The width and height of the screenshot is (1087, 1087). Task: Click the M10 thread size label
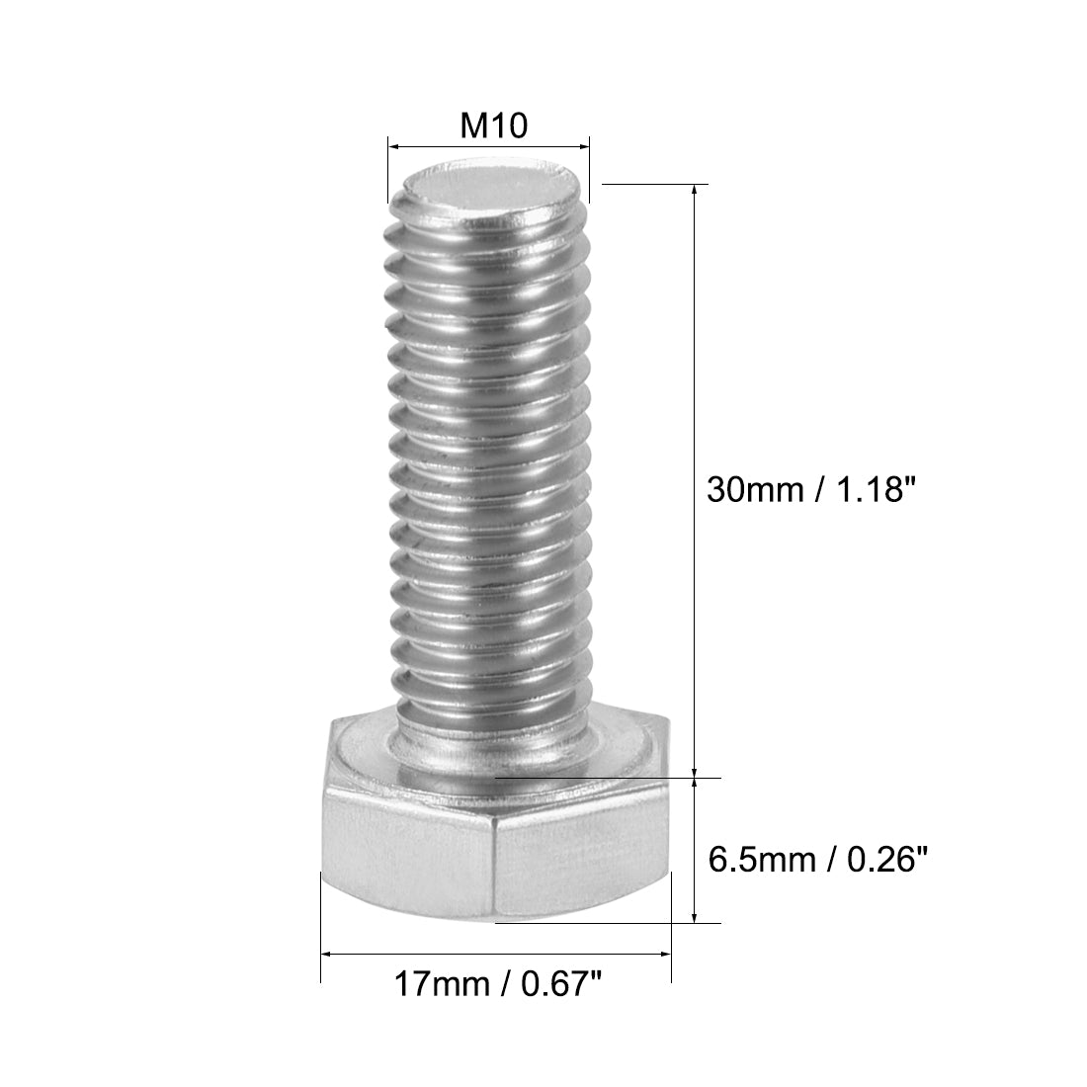491,125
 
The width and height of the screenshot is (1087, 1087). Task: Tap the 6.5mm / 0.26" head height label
820,860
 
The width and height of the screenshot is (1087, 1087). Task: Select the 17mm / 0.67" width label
497,984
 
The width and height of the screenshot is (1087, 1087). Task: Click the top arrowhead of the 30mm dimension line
698,191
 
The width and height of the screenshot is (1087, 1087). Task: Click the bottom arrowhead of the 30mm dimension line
698,771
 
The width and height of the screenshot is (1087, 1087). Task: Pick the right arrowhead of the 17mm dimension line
666,955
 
